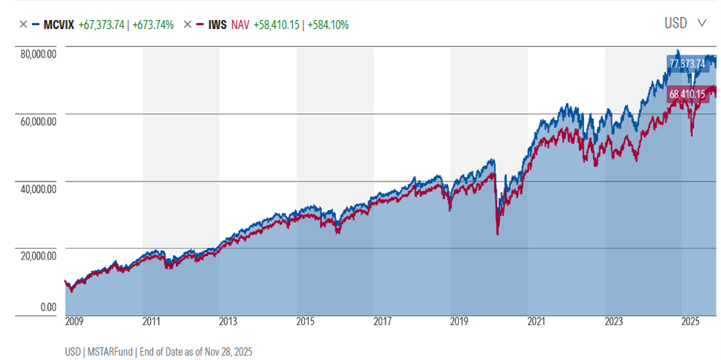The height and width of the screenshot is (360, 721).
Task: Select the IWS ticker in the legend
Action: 218,24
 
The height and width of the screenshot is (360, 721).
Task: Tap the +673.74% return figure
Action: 151,24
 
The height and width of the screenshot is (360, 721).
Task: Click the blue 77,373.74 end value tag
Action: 686,64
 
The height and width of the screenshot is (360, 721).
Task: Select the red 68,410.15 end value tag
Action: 686,95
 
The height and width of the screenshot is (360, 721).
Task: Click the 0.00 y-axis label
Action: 48,307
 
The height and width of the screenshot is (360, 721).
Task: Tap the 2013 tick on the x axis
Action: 228,322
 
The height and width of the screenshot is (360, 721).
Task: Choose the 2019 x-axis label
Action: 459,322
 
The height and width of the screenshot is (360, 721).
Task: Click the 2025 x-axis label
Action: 690,322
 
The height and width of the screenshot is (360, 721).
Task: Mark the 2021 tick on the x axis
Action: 536,322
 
